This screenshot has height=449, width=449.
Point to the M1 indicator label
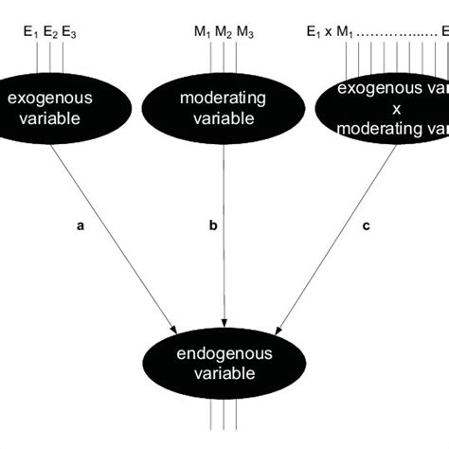202,33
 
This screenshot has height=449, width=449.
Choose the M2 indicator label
223,33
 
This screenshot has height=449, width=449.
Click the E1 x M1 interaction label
332,33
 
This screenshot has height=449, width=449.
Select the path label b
213,226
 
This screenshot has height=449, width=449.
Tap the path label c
367,226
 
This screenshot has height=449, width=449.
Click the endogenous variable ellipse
223,364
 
